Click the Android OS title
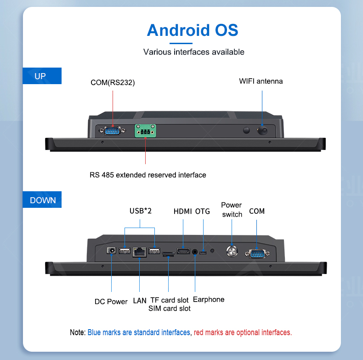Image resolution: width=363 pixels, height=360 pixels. [193, 30]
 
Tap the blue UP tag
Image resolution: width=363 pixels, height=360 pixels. [42, 76]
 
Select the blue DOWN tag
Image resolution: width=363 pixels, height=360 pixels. [42, 200]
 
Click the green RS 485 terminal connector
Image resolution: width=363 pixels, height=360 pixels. [145, 131]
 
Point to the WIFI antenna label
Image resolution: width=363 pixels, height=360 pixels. [261, 81]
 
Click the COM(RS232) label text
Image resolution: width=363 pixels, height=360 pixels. [113, 82]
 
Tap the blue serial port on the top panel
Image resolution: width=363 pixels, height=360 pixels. [112, 131]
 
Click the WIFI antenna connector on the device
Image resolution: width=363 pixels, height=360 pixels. [262, 131]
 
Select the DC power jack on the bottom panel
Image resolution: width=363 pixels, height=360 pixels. [111, 251]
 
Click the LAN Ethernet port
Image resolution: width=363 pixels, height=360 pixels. [140, 252]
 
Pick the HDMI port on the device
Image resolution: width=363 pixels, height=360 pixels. [183, 251]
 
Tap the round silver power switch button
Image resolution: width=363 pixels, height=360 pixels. [232, 251]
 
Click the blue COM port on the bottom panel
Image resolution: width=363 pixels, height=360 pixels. [257, 253]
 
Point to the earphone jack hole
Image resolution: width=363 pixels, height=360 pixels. [195, 252]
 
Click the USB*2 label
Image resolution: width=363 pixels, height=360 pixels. [141, 211]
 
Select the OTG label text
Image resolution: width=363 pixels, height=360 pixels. [203, 211]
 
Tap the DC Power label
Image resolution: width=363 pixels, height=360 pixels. [111, 302]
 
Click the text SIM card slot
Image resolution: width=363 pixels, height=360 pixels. [170, 309]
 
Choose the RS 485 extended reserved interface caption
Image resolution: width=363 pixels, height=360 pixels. [148, 175]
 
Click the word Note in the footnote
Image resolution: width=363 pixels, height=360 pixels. [77, 332]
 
